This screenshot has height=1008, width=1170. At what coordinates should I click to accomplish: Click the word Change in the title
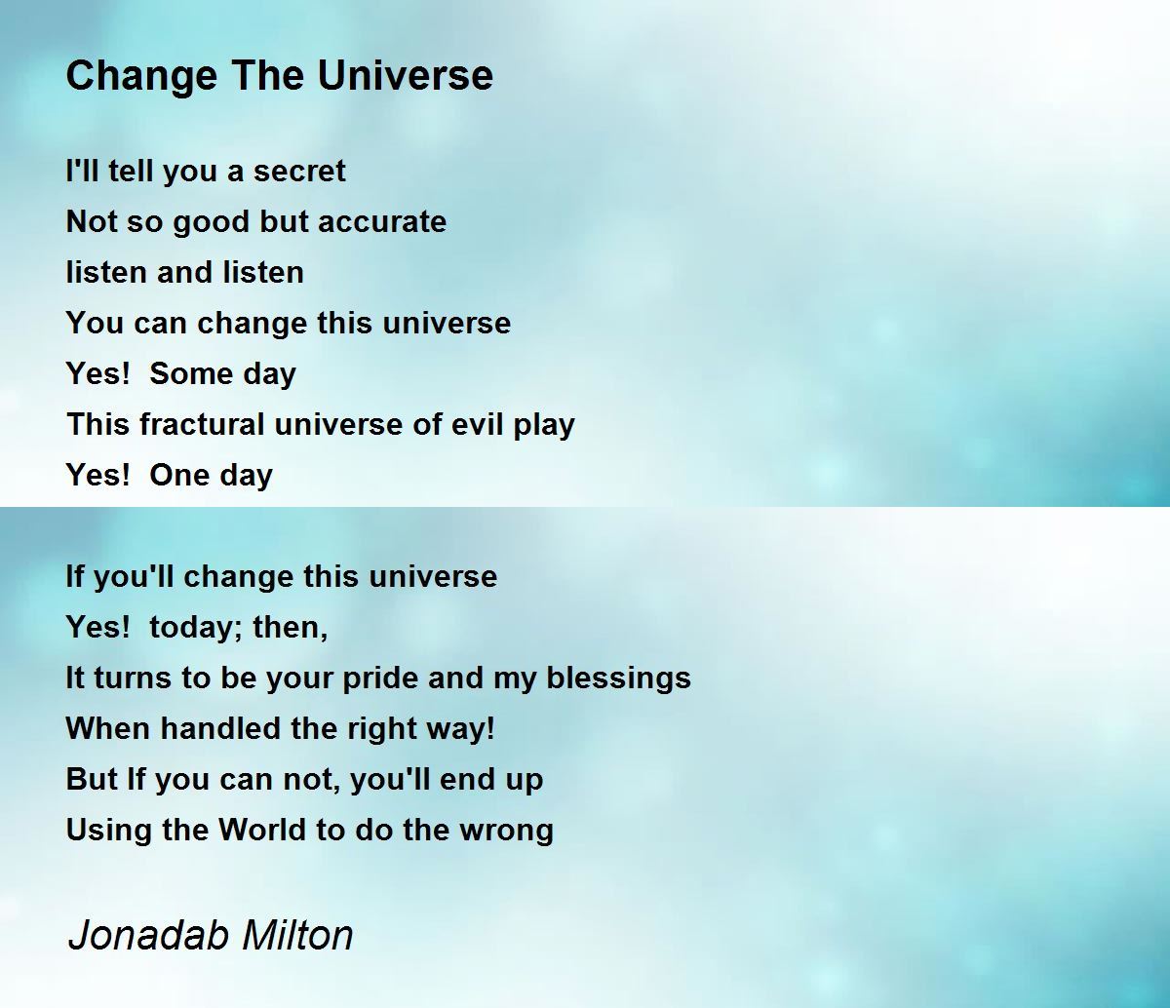(x=141, y=77)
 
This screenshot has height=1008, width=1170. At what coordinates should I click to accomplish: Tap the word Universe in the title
(x=406, y=75)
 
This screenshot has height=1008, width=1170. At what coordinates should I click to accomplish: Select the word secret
(x=299, y=172)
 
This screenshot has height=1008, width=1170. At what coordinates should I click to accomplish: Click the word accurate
(x=382, y=222)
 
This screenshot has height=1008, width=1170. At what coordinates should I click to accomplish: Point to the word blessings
(x=618, y=678)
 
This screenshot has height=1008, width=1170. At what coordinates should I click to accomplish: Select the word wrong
(x=506, y=831)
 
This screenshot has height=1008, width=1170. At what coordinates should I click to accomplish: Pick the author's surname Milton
(x=297, y=934)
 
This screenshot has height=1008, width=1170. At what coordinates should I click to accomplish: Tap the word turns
(x=132, y=678)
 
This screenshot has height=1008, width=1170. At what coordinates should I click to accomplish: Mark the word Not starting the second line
(x=91, y=221)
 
